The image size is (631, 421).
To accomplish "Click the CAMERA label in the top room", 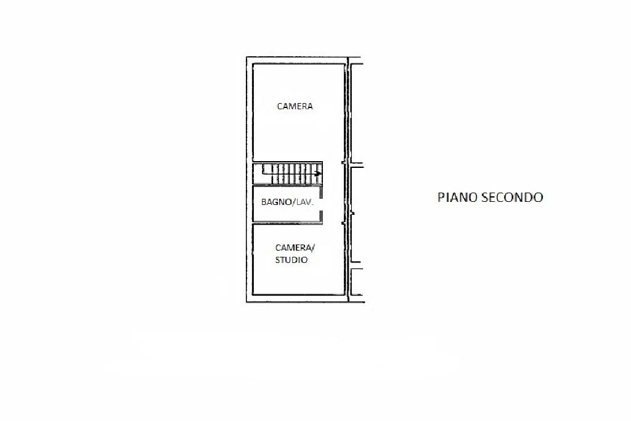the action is [295, 106].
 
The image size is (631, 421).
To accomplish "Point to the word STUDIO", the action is [291, 260].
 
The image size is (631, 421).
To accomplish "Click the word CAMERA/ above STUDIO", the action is [295, 248].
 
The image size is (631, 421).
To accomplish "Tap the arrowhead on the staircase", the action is [318, 173].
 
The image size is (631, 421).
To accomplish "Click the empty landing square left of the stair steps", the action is [258, 173].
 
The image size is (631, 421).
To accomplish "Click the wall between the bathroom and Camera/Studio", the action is [287, 222].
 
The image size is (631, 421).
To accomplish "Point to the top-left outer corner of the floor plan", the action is [247, 57].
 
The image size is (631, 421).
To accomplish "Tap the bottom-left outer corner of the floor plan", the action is [247, 302].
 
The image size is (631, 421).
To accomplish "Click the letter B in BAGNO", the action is [264, 202].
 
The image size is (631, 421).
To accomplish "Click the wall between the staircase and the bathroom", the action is [287, 185].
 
